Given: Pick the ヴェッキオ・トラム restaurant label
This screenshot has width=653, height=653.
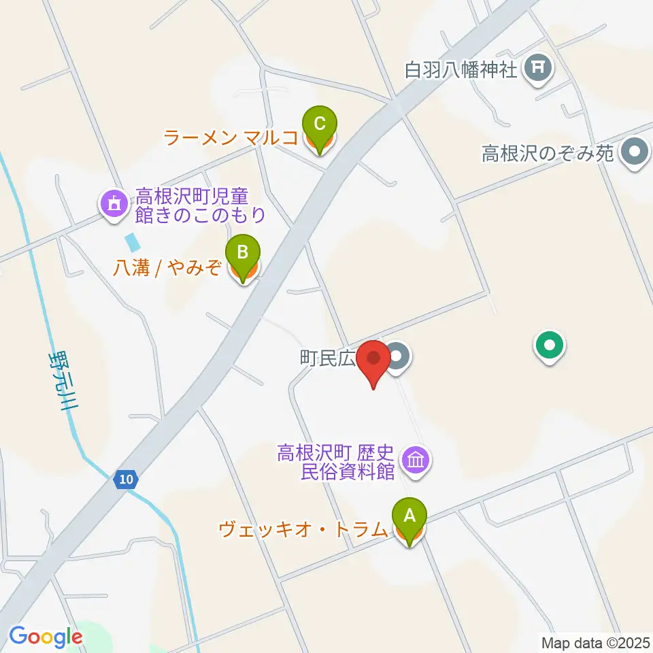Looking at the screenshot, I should [303, 529].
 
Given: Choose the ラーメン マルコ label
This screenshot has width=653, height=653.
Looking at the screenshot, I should [231, 138].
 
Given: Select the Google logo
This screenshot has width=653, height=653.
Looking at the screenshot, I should [45, 637].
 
